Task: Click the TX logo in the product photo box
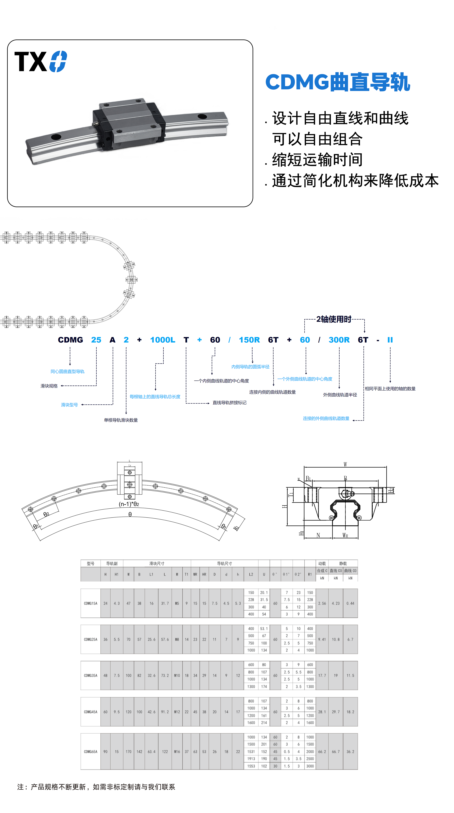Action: [40, 62]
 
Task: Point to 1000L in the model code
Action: [163, 340]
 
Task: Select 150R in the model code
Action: [249, 340]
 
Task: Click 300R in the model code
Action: [339, 340]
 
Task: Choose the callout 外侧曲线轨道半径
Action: [340, 395]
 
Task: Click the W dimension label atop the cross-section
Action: [345, 464]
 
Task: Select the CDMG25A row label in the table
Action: [91, 639]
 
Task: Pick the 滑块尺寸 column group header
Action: [157, 563]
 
